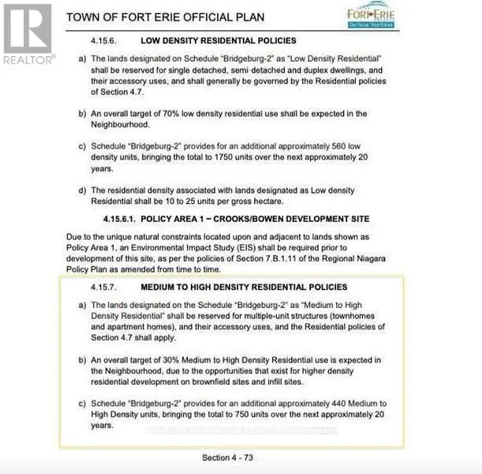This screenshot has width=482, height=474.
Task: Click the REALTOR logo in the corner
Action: tap(28, 35)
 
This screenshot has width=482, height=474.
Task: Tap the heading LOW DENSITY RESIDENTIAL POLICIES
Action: tap(219, 40)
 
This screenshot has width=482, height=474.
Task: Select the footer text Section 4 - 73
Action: tap(227, 457)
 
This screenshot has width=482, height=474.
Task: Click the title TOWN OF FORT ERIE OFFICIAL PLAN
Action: tap(165, 17)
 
